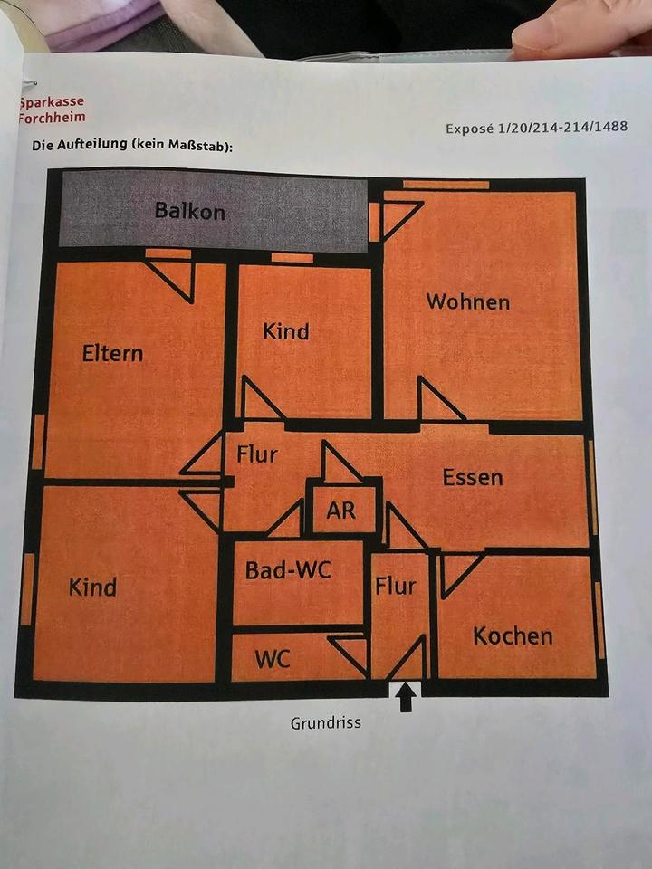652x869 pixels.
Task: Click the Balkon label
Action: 189,212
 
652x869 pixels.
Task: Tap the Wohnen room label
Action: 467,301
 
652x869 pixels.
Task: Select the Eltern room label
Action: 112,353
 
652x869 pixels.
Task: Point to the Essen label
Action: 472,477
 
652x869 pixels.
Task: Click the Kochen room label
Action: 513,635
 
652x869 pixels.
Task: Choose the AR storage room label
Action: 340,511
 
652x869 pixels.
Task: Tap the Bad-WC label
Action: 288,570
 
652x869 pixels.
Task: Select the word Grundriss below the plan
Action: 325,723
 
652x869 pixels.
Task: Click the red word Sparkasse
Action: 51,102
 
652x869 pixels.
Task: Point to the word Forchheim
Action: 52,118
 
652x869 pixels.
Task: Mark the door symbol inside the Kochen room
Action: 458,572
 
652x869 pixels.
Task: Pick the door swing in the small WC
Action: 350,652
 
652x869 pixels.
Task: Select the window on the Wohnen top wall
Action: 446,185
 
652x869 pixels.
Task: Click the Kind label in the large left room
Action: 92,587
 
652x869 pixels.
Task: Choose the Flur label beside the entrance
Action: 396,586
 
